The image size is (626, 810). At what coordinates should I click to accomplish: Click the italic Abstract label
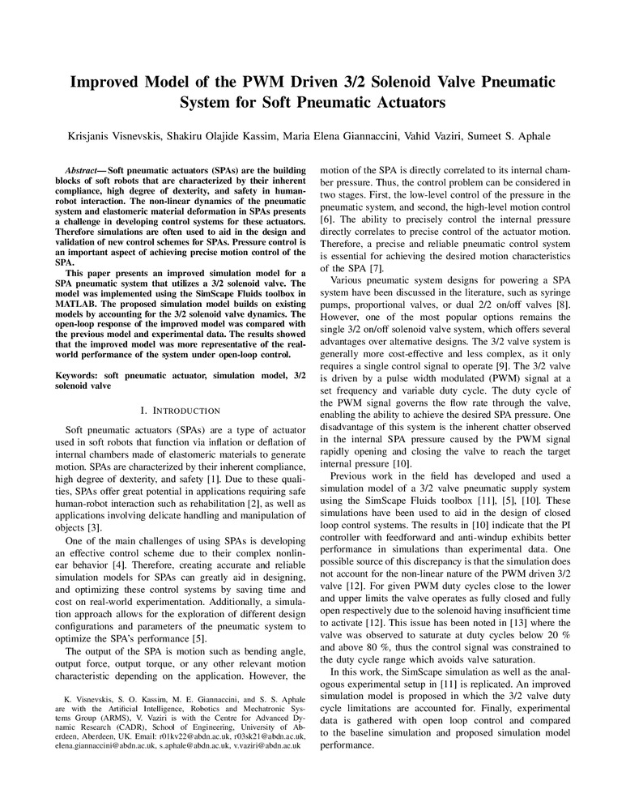point(86,173)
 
